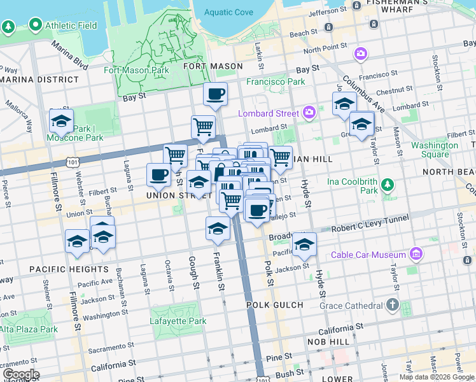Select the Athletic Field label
pyautogui.click(x=71, y=25)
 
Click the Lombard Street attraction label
pyautogui.click(x=268, y=113)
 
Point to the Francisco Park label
pyautogui.click(x=276, y=82)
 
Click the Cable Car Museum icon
pyautogui.click(x=417, y=255)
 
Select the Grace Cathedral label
pyautogui.click(x=347, y=306)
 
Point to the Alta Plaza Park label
pyautogui.click(x=29, y=329)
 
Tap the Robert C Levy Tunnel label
pyautogui.click(x=369, y=227)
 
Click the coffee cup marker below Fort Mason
pyautogui.click(x=215, y=95)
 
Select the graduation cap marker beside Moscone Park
pyautogui.click(x=62, y=120)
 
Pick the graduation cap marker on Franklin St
pyautogui.click(x=218, y=229)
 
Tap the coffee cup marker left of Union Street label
pyautogui.click(x=158, y=174)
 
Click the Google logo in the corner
pyautogui.click(x=20, y=374)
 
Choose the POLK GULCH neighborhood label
pyautogui.click(x=275, y=306)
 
